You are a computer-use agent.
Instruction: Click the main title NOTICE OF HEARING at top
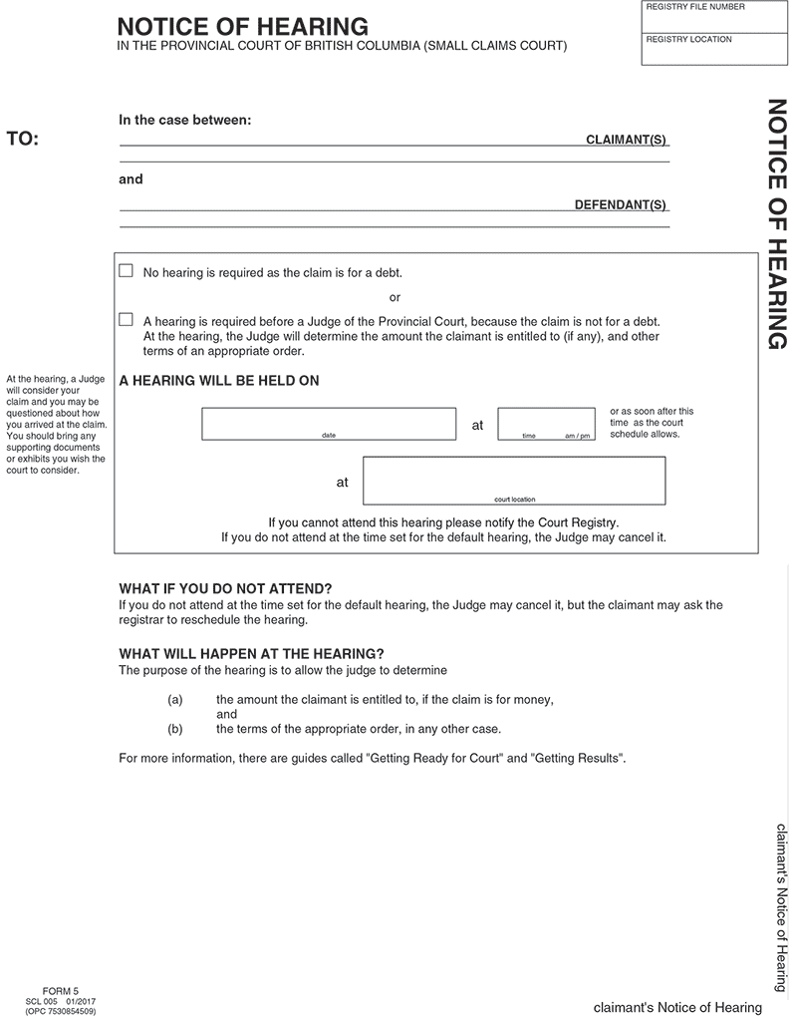(x=242, y=27)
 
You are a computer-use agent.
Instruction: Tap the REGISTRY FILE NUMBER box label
(x=695, y=8)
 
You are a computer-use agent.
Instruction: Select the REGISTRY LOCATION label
(x=688, y=40)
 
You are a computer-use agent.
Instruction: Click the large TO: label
(x=23, y=139)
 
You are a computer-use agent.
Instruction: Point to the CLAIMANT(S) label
(x=626, y=140)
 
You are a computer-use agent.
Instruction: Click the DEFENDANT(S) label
(x=620, y=205)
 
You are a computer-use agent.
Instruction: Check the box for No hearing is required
(x=126, y=271)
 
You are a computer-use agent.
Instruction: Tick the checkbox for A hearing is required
(x=126, y=320)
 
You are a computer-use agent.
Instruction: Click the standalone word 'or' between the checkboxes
(x=395, y=297)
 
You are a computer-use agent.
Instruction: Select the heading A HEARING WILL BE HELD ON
(x=219, y=381)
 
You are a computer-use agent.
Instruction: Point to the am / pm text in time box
(x=577, y=437)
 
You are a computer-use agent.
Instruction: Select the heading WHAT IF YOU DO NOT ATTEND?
(x=225, y=588)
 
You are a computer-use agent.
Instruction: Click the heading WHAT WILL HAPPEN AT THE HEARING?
(x=251, y=654)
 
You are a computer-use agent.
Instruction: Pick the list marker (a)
(x=175, y=700)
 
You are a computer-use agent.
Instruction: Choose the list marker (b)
(x=175, y=729)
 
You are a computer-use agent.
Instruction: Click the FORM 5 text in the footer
(x=61, y=991)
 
